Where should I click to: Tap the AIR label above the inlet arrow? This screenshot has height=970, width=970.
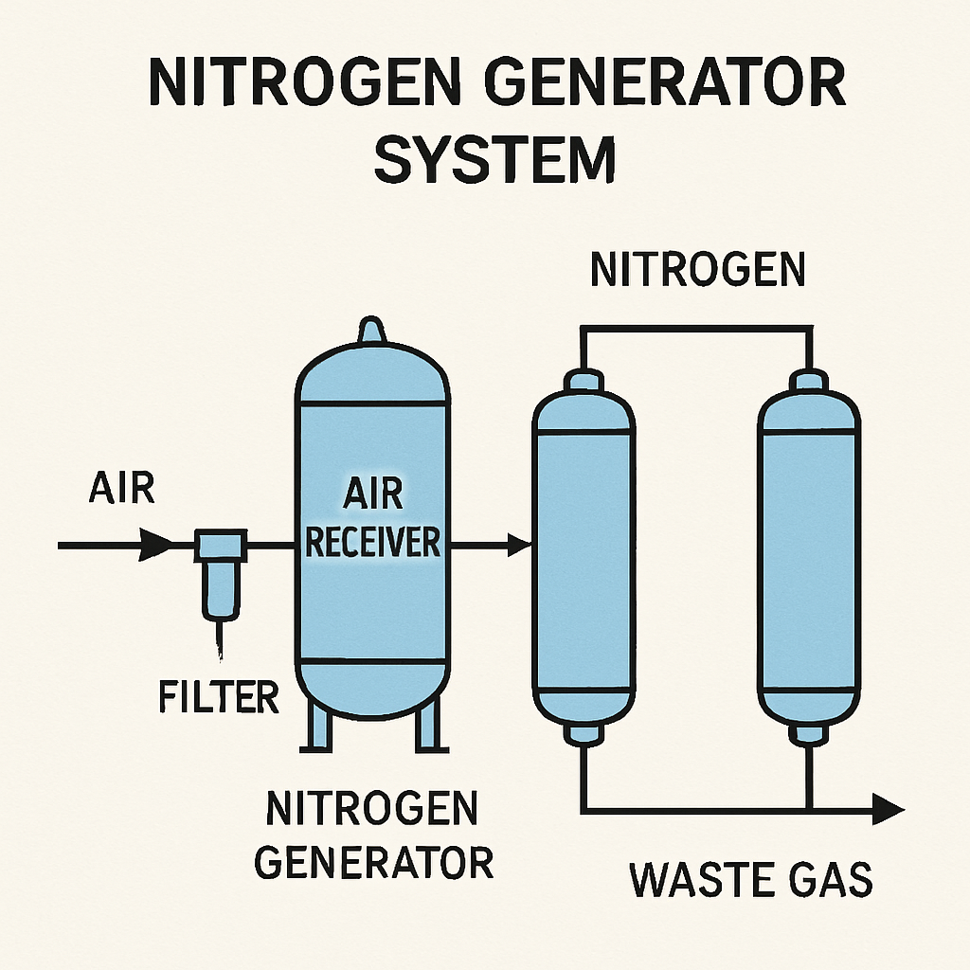[x=122, y=488]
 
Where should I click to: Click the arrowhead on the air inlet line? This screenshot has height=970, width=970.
[x=155, y=545]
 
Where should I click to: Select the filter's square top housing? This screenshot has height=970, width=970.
[x=221, y=545]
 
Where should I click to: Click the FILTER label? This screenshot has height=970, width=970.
[x=219, y=696]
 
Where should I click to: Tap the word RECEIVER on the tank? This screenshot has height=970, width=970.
[x=373, y=543]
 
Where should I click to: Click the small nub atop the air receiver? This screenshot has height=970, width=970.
[x=371, y=330]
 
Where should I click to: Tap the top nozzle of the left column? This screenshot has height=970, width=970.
[x=584, y=380]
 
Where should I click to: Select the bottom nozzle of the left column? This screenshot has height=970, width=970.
[x=584, y=733]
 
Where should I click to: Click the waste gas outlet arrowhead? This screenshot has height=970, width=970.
[x=889, y=809]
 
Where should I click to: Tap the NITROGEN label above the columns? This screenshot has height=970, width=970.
[x=698, y=269]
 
